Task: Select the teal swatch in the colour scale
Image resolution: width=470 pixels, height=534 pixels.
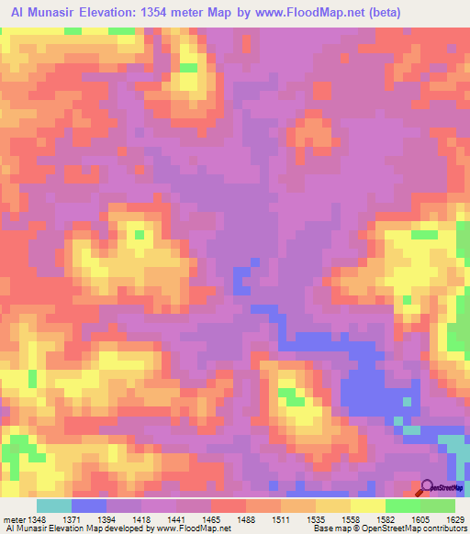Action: click(54, 506)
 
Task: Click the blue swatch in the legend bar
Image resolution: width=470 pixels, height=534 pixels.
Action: click(89, 506)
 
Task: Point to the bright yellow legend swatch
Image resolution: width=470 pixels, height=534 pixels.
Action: click(368, 506)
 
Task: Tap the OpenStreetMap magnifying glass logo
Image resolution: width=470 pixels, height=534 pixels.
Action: click(427, 487)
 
